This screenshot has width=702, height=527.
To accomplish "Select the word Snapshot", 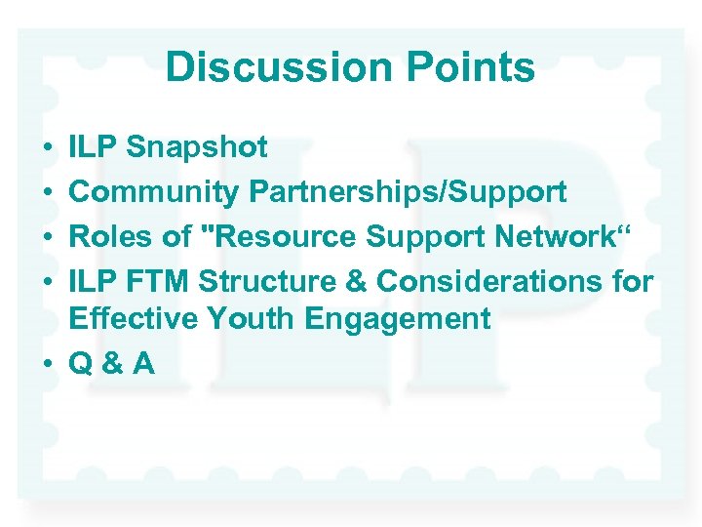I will [197, 148].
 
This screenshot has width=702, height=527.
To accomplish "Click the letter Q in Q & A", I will [81, 363].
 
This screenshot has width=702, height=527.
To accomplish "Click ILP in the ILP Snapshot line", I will [94, 148].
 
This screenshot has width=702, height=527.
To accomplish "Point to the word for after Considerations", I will [630, 281].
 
